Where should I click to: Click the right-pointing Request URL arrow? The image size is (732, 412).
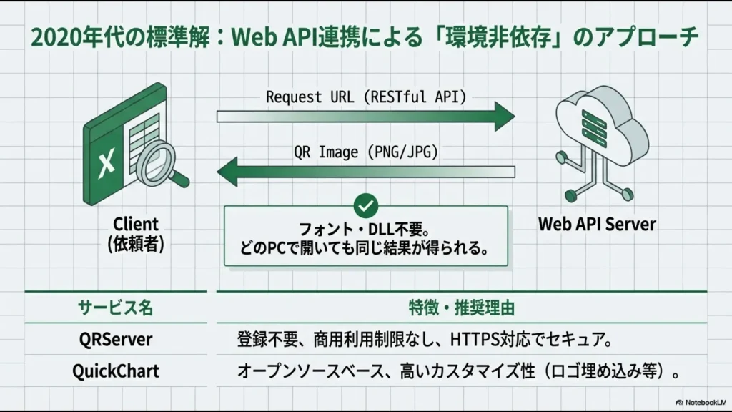pyautogui.click(x=365, y=116)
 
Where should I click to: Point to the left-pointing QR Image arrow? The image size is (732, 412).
pyautogui.click(x=365, y=172)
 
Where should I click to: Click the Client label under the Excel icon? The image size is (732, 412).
pyautogui.click(x=136, y=225)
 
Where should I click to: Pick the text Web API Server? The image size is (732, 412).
pyautogui.click(x=597, y=225)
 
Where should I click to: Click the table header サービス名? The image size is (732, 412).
pyautogui.click(x=115, y=308)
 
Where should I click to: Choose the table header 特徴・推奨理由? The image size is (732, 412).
pyautogui.click(x=462, y=308)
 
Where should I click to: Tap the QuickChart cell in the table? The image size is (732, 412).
pyautogui.click(x=115, y=371)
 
